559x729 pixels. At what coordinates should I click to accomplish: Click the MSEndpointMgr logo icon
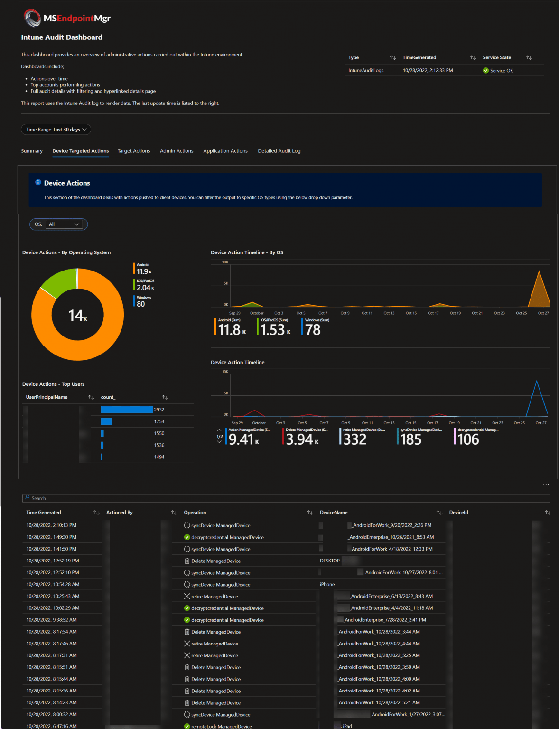(32, 18)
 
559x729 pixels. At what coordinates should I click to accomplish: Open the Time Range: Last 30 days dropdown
(56, 130)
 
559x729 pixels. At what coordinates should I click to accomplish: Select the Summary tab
(32, 151)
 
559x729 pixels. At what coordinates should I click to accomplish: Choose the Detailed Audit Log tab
(279, 151)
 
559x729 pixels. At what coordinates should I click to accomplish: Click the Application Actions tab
(225, 151)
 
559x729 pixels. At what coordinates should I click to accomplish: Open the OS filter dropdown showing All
(64, 224)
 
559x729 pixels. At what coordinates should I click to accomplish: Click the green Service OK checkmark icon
(485, 71)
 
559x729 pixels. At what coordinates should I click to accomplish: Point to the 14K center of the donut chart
(78, 315)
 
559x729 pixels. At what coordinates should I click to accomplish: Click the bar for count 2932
(127, 410)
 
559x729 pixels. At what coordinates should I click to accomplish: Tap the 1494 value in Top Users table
(159, 457)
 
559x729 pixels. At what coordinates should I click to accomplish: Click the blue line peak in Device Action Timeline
(536, 382)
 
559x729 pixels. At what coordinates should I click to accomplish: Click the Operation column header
(195, 513)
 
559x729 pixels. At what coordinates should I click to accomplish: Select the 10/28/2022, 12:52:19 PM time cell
(53, 561)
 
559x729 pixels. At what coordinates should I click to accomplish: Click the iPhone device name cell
(327, 585)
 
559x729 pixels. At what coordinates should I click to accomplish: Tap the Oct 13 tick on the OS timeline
(389, 313)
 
